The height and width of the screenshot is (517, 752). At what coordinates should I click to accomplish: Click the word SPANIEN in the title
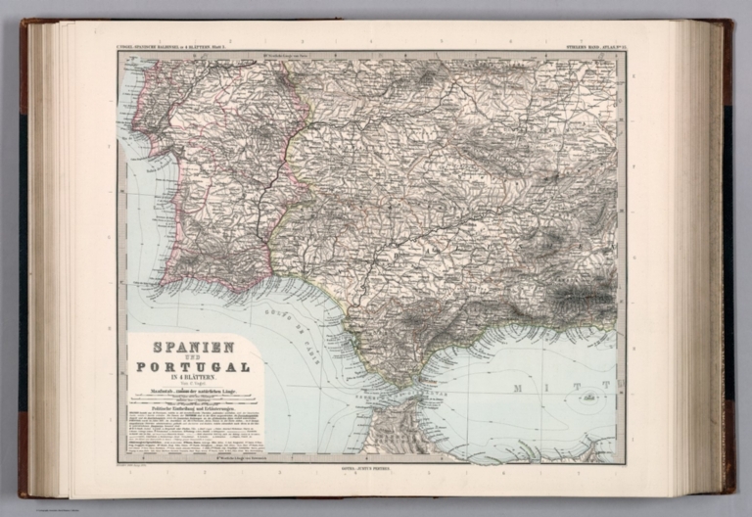[x=192, y=347]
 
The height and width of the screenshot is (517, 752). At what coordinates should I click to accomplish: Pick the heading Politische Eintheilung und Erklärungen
[x=192, y=410]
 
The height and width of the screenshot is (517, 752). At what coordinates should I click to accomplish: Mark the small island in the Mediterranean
[x=588, y=396]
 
